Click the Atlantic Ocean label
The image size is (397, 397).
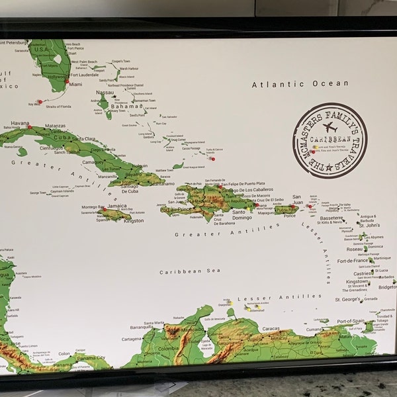pyautogui.click(x=300, y=84)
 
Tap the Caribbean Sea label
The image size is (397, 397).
pyautogui.click(x=180, y=271)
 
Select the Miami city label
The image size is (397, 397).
pyautogui.click(x=75, y=85)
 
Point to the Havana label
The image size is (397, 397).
pyautogui.click(x=20, y=123)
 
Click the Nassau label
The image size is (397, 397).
pyautogui.click(x=105, y=93)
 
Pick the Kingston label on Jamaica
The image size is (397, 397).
pyautogui.click(x=133, y=220)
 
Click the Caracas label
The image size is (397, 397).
pyautogui.click(x=270, y=328)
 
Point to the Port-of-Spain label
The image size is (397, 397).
pyautogui.click(x=350, y=322)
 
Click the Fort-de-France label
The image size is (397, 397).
pyautogui.click(x=352, y=261)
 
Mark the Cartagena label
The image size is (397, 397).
pyautogui.click(x=132, y=339)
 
